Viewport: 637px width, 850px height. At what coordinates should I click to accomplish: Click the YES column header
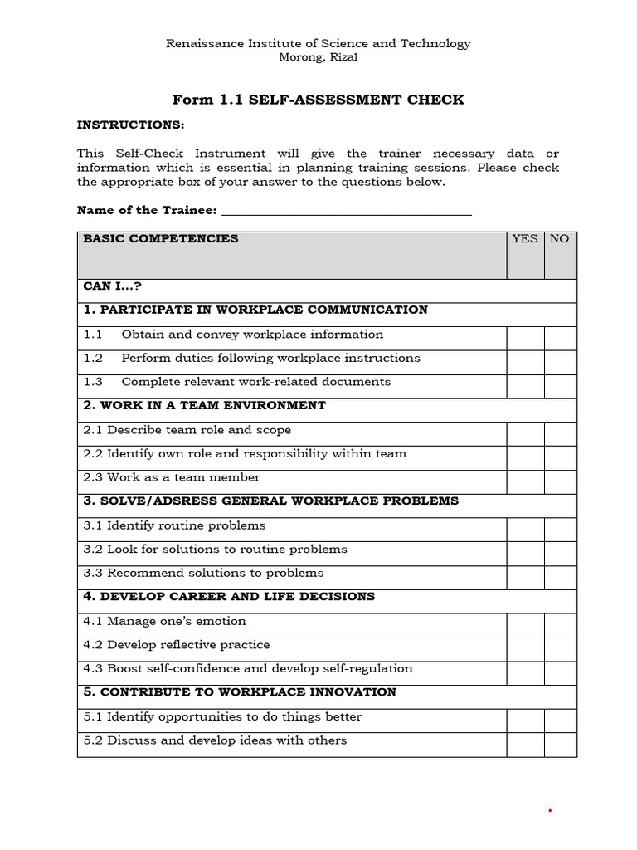pos(525,239)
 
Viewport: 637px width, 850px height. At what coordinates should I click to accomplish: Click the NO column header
pos(560,239)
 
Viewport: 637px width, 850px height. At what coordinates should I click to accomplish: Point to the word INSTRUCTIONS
pos(130,125)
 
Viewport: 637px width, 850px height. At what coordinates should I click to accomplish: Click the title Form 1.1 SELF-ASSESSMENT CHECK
pos(318,100)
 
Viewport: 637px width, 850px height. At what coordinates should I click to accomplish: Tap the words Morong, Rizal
pos(318,57)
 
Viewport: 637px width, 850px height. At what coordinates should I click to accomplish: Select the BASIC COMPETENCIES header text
pos(160,239)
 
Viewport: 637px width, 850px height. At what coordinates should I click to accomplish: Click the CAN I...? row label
pos(113,286)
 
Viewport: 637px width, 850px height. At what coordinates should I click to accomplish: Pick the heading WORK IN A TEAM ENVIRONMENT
pos(212,406)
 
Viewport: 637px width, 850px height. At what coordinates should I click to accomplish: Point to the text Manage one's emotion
pos(177,622)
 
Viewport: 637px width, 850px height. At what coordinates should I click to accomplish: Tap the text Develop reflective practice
pos(188,645)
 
